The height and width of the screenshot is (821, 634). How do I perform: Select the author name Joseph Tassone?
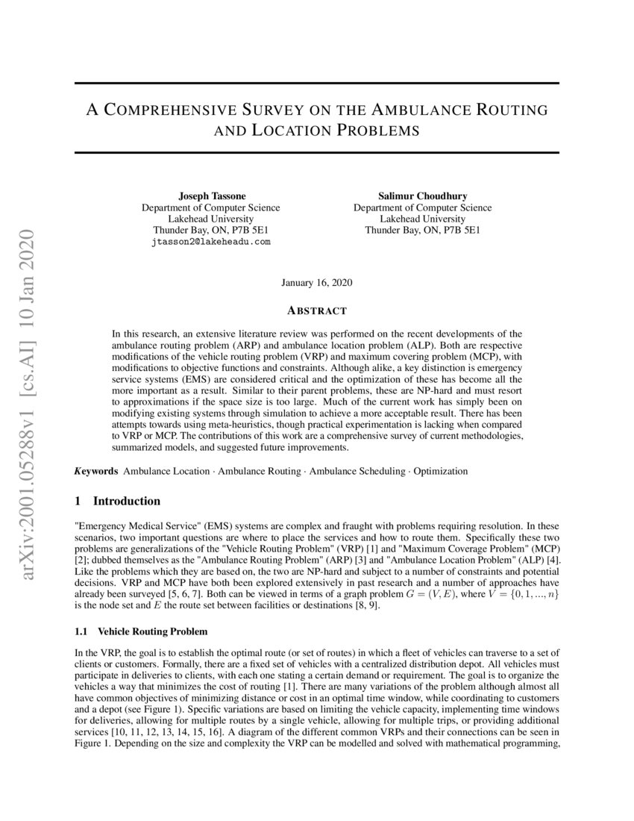211,196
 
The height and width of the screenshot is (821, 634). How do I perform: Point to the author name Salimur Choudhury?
422,196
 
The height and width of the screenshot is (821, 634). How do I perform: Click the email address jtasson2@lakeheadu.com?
211,242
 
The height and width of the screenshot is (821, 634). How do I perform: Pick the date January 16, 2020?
317,283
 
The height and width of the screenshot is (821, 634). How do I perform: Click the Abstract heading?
317,310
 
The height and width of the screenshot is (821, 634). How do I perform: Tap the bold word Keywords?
96,471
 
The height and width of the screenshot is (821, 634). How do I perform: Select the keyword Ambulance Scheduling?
358,471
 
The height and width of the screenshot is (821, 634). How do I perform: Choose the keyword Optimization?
441,471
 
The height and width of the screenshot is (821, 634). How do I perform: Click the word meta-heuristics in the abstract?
220,423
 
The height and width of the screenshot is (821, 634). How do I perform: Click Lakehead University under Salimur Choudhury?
422,219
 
